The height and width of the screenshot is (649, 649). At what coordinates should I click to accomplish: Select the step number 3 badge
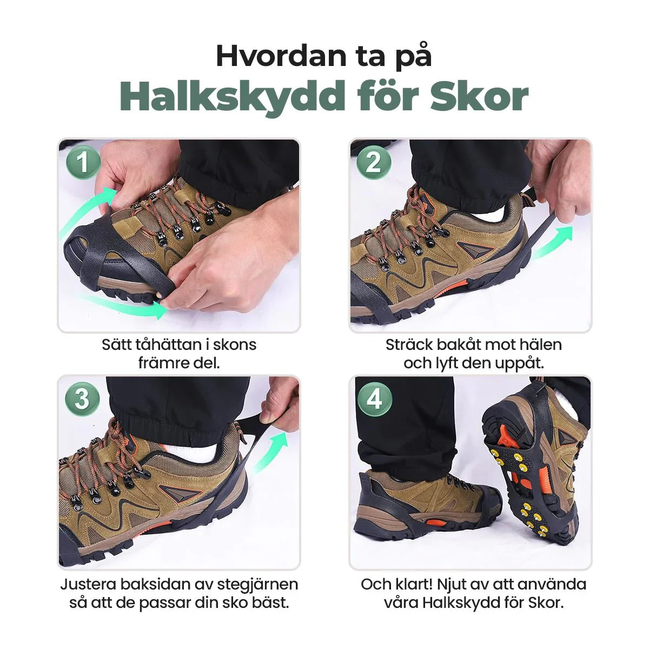pos(82,400)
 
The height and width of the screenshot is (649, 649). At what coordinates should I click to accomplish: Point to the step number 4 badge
pos(374,400)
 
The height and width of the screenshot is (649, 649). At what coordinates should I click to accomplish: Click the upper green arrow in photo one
pos(84,216)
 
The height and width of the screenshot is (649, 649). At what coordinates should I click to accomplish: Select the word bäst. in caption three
pos(270,602)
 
